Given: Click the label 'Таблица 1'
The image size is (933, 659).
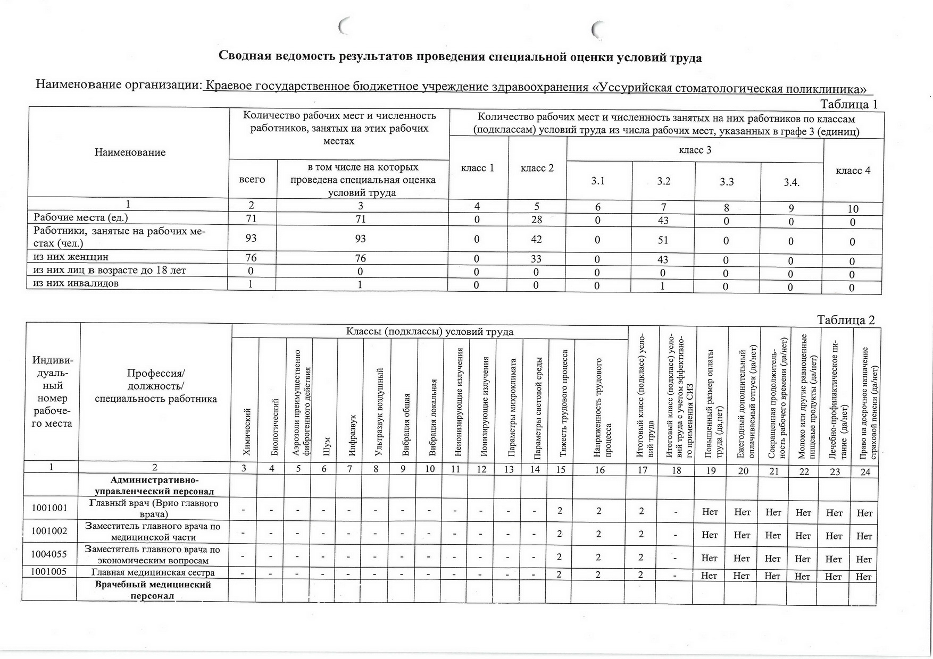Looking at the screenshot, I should [848, 104].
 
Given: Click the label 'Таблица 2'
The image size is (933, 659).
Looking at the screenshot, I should [846, 320].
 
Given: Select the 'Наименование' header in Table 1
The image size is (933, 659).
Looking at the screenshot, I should [130, 153].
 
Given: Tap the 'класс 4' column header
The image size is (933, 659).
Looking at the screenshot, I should [853, 171].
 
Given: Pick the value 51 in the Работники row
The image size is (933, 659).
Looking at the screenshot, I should [663, 240].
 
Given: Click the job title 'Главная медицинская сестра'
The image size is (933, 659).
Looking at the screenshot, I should [153, 573].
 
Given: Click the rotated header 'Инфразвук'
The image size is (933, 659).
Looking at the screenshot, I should [352, 436].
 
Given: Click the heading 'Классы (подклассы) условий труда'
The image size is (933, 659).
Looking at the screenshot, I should [430, 332].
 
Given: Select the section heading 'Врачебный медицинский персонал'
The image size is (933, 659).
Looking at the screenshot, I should [153, 590].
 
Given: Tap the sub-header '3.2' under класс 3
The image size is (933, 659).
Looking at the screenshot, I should [663, 181].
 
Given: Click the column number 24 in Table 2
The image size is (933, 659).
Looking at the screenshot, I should [865, 471].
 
